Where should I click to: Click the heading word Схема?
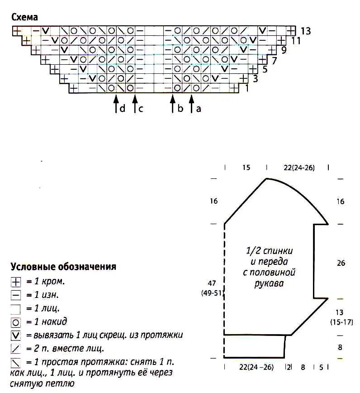(x=24, y=17)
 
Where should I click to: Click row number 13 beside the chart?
(x=305, y=31)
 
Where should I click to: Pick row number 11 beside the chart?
(x=296, y=41)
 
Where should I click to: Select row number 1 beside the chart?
(x=246, y=88)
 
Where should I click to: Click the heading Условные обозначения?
(x=63, y=267)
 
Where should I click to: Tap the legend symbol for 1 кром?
(x=16, y=282)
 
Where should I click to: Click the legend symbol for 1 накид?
(x=16, y=322)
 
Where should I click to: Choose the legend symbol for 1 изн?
(x=16, y=295)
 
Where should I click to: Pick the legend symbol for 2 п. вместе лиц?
(x=16, y=349)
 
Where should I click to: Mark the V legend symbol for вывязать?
(x=16, y=335)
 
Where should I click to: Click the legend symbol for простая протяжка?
(x=16, y=363)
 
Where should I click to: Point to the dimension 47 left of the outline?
(x=212, y=283)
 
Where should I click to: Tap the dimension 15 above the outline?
(x=246, y=168)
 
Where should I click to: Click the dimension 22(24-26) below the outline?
(x=256, y=367)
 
